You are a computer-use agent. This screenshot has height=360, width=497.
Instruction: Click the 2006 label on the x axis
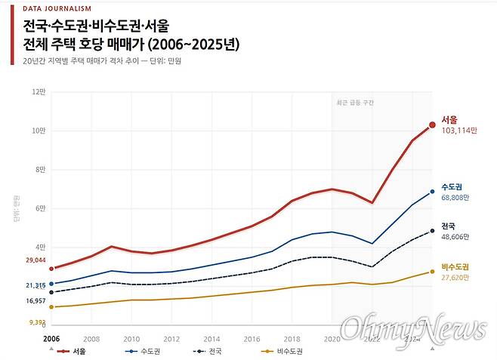[x=51, y=339]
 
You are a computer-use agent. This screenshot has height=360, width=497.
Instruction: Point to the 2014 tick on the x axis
[x=211, y=339]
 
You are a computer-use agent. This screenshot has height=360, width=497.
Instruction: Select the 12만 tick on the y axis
[x=39, y=92]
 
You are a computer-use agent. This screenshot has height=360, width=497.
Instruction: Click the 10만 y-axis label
[x=39, y=131]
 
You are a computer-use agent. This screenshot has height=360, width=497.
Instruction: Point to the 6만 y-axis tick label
[x=40, y=208]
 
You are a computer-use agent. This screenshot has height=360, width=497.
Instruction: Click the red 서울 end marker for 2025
[x=433, y=125]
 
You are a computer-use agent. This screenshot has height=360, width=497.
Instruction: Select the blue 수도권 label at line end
[x=453, y=186]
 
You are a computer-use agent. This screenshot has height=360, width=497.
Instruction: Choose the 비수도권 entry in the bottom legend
[x=288, y=352]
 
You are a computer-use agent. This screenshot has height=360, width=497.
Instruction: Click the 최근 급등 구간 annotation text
[x=355, y=102]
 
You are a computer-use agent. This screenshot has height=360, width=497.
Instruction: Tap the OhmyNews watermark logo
[x=412, y=328]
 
